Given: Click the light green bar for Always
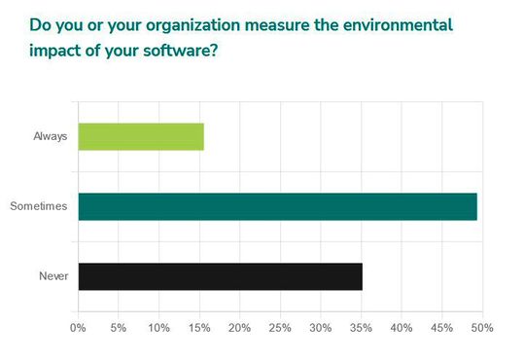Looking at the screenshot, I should (x=141, y=136).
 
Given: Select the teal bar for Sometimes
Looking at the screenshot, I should (x=277, y=206).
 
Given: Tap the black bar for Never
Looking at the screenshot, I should (x=220, y=276).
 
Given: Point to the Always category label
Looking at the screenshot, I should (x=50, y=136).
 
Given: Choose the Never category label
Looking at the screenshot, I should (x=52, y=276).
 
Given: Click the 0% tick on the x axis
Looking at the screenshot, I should (x=78, y=328).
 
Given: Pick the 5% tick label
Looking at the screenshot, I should (x=119, y=328).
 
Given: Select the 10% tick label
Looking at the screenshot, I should (x=158, y=328).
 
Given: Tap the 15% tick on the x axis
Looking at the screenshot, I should (x=199, y=328).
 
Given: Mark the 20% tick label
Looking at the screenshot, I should (x=239, y=328).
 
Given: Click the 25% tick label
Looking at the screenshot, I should (x=280, y=328).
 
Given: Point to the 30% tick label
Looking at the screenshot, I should (x=320, y=328).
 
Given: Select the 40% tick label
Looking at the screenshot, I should (x=401, y=328).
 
